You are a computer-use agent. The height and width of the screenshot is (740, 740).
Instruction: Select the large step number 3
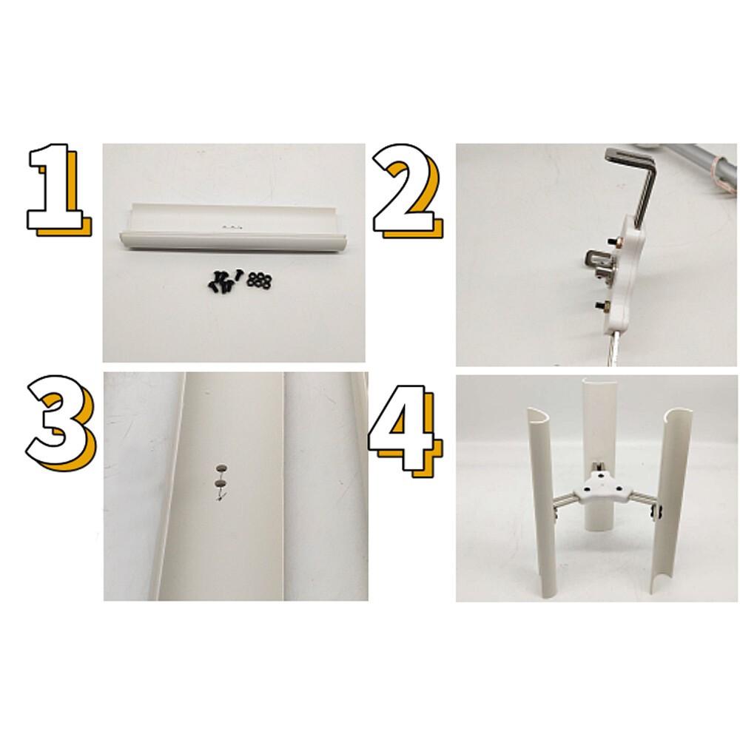click(x=61, y=418)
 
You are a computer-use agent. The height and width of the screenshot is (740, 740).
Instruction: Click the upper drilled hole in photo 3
click(x=220, y=468)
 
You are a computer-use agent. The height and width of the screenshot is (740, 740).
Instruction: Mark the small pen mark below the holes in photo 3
click(x=219, y=497)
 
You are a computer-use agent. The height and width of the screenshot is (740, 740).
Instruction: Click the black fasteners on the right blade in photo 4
click(x=654, y=508)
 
